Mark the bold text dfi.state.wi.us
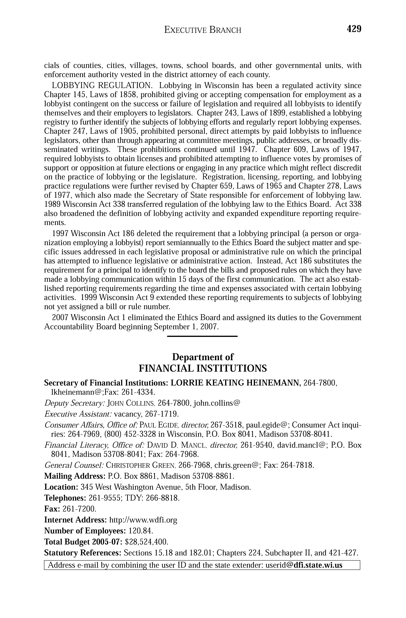tap(318, 565)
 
